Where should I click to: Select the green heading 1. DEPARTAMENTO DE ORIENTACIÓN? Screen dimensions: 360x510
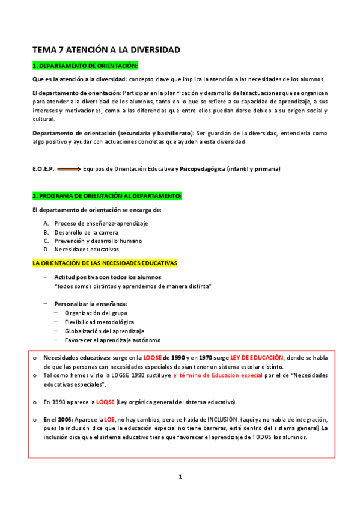pyautogui.click(x=85, y=65)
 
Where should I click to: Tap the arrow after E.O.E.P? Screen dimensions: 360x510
pyautogui.click(x=69, y=170)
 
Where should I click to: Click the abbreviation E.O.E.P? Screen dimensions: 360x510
pyautogui.click(x=43, y=169)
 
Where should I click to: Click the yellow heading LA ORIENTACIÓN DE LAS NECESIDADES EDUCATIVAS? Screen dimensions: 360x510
pyautogui.click(x=105, y=263)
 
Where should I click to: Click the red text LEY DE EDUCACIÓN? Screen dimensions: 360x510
pyautogui.click(x=257, y=358)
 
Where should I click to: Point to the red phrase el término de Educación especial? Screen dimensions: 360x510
pyautogui.click(x=213, y=375)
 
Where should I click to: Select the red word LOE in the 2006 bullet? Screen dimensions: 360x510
pyautogui.click(x=109, y=419)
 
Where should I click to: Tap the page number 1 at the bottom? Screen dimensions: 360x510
pyautogui.click(x=180, y=477)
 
